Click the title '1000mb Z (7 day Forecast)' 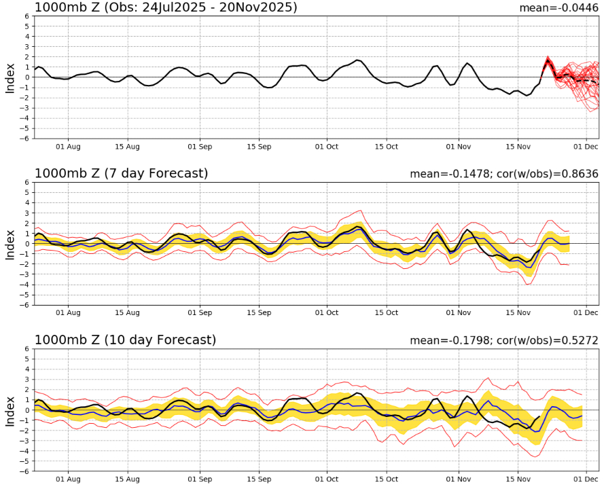tap(121, 174)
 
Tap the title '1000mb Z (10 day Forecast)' tap(125, 340)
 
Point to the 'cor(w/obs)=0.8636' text tap(550, 175)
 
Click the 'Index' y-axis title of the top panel tap(10, 77)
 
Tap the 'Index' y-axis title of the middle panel tap(10, 244)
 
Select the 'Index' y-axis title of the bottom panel tap(10, 410)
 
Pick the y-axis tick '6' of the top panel tap(26, 16)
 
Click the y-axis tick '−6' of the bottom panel tap(24, 471)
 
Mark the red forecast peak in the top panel tap(548, 59)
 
